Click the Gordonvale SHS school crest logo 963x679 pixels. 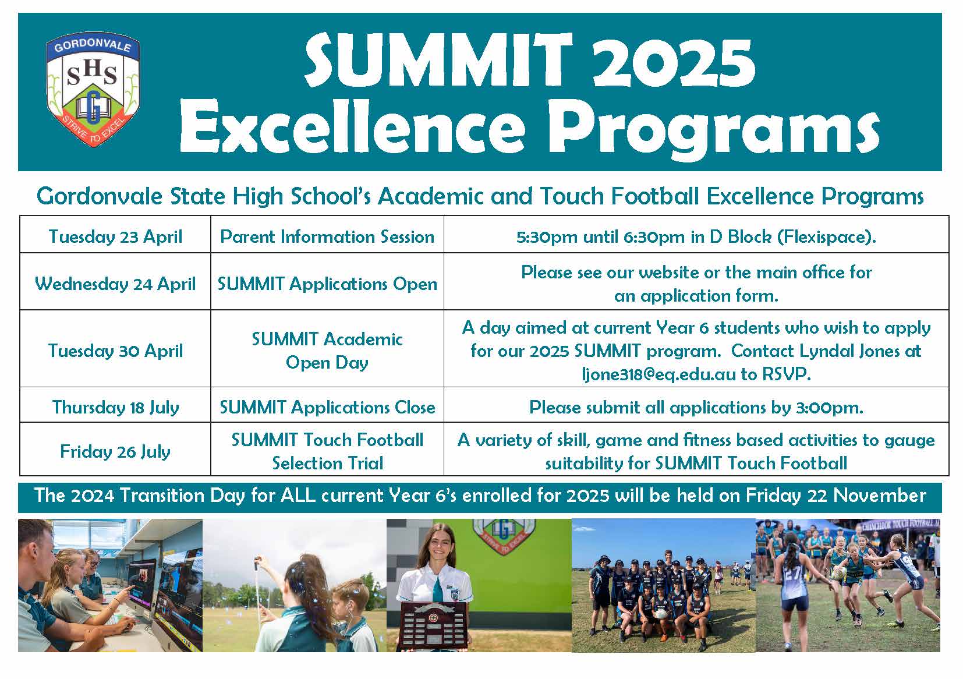93,90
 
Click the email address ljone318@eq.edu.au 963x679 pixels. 659,374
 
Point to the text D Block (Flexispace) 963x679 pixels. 793,237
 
